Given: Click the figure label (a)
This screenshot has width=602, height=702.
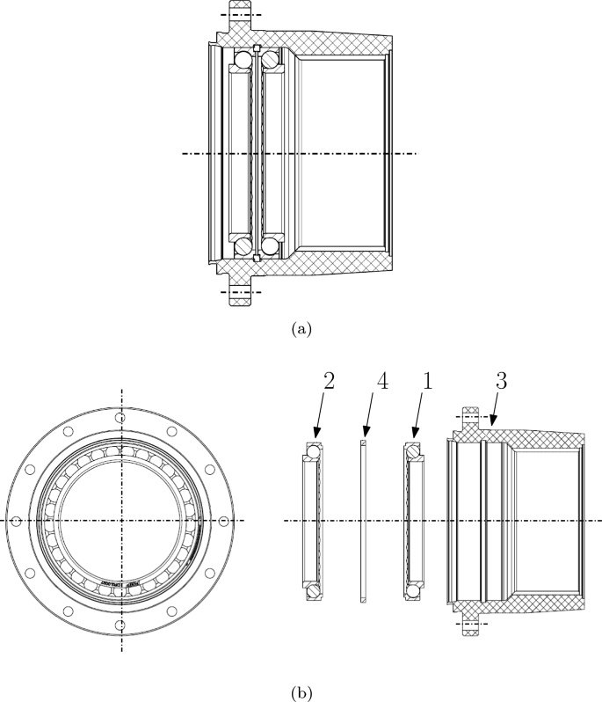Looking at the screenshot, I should [301, 329].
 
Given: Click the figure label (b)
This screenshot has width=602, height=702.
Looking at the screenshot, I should [301, 691].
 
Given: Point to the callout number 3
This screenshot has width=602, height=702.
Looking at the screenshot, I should [499, 383].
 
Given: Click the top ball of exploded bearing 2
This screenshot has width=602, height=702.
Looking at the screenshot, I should [314, 452].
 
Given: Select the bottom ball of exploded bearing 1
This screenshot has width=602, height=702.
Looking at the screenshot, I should [412, 590].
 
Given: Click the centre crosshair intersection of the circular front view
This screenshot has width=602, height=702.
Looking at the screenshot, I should [122, 521].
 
